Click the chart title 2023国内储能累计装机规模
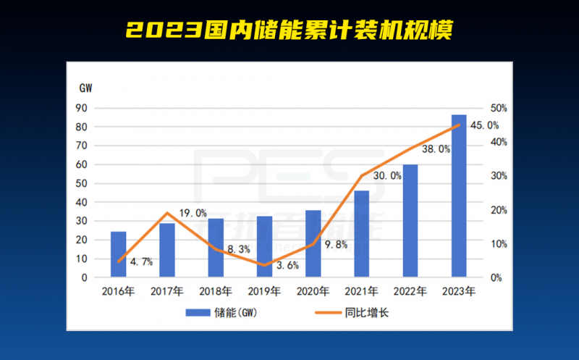point(289,29)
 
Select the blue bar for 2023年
point(459,196)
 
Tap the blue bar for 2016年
point(118,254)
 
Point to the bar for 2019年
point(264,246)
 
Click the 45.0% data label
point(484,125)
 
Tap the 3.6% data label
point(287,265)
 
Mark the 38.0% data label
point(436,149)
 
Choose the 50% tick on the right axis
point(499,108)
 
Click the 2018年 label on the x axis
point(216,292)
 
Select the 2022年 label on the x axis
point(410,292)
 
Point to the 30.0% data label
point(387,175)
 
